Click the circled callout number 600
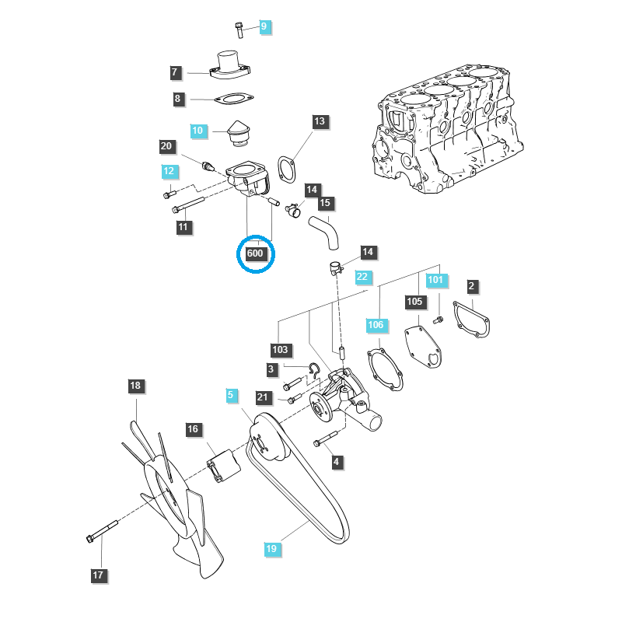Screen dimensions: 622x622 256,253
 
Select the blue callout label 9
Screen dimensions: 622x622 264,26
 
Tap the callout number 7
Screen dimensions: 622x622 175,72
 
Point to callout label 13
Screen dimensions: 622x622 320,121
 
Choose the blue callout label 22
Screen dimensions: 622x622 362,276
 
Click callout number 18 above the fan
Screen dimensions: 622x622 136,386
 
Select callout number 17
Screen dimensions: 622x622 98,575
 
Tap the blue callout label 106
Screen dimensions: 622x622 376,323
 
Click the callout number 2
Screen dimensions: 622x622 471,286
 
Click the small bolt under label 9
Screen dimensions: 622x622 239,30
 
